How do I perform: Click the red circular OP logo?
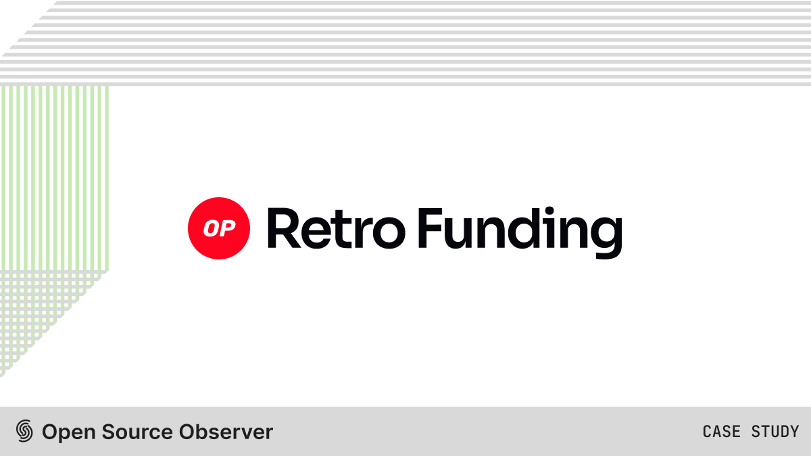point(219,228)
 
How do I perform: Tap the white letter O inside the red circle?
point(210,228)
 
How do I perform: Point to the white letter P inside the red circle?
point(227,228)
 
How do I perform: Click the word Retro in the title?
point(336,228)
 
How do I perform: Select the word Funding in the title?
point(520,232)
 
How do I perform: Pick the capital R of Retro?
point(284,228)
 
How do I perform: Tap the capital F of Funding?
point(431,228)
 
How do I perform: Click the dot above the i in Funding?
point(549,211)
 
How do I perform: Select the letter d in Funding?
point(524,228)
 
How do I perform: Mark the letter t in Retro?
point(350,230)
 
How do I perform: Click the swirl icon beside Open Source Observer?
point(24,431)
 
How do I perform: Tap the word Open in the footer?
point(69,432)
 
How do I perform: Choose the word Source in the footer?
point(137,432)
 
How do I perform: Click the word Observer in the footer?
point(226,432)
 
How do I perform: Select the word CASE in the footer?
point(722,432)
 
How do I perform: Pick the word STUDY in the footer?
point(775,432)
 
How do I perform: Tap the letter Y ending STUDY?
point(794,432)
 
